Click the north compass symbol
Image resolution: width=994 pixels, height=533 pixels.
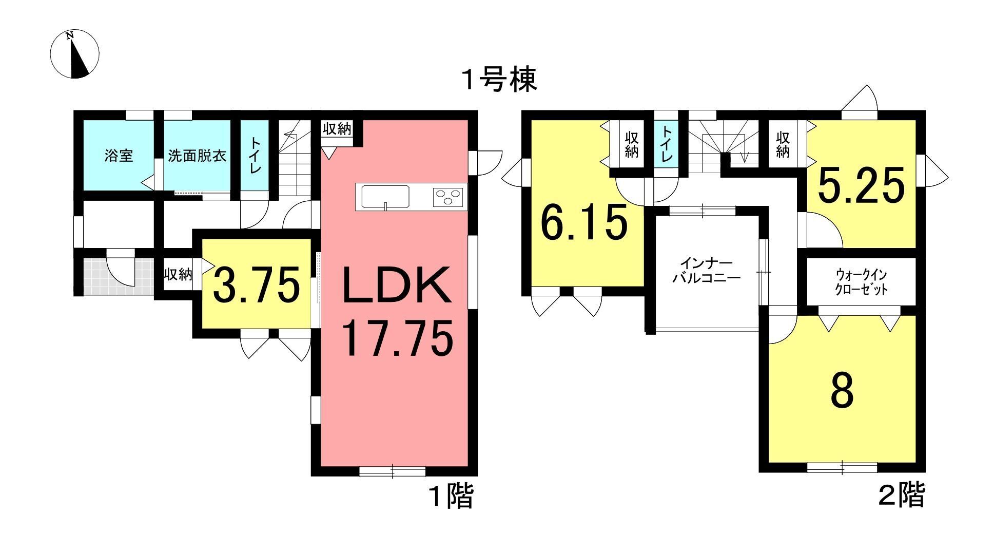75,54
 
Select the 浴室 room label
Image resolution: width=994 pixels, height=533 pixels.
119,156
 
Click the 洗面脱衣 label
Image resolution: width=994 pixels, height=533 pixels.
197,156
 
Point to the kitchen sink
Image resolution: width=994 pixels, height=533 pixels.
385,197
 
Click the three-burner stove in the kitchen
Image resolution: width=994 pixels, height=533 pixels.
448,197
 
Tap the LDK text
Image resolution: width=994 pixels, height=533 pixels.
396,285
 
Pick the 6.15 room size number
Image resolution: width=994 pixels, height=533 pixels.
584,223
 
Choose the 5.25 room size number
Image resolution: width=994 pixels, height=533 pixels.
861,186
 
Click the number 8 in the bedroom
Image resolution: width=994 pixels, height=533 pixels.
842,392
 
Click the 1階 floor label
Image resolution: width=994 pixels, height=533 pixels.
450,497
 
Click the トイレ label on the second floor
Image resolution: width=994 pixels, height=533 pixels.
666,145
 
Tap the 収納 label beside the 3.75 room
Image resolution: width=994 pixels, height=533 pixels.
178,274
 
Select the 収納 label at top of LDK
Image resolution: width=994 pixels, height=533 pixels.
337,129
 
